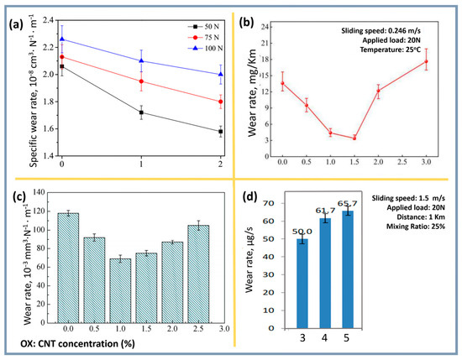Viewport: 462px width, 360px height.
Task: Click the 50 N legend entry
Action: point(204,27)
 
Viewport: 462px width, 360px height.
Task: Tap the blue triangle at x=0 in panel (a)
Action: point(62,39)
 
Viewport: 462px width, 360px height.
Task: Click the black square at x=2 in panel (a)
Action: point(221,132)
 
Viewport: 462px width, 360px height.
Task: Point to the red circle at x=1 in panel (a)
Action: point(141,81)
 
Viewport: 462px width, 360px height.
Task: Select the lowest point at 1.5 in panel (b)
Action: point(354,138)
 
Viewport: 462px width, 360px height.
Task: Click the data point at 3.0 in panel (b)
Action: point(426,61)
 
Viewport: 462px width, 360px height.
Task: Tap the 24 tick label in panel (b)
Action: point(269,27)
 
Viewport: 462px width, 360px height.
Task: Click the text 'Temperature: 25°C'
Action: point(391,50)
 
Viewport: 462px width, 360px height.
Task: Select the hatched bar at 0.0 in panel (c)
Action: point(68,268)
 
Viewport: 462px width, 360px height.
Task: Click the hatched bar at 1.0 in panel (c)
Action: point(120,290)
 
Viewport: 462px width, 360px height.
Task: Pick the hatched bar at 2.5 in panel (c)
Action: point(198,274)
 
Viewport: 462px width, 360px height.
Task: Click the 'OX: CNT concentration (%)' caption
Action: point(77,343)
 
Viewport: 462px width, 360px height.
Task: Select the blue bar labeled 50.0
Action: point(302,284)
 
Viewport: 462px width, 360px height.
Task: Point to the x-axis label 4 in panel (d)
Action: point(324,338)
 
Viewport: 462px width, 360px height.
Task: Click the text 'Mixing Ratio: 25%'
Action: point(416,227)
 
